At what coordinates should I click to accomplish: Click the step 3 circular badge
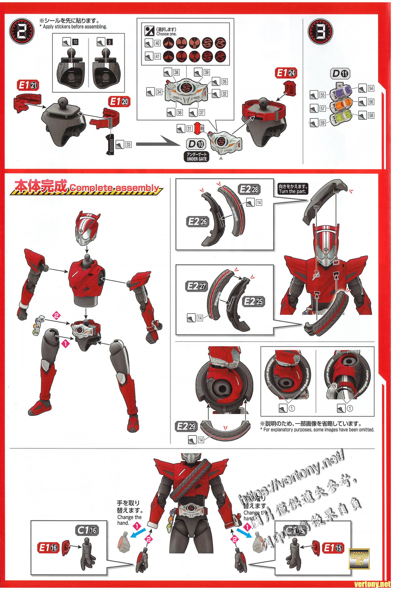tap(320, 32)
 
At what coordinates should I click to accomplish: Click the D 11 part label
tap(340, 74)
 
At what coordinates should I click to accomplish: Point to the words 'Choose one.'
tap(167, 34)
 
